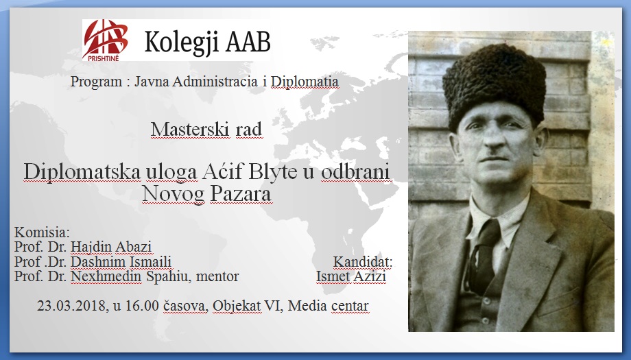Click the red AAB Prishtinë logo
click(x=105, y=40)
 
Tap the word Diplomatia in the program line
click(x=305, y=81)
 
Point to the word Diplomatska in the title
click(x=82, y=173)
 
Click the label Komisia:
click(x=42, y=232)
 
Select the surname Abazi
click(x=133, y=247)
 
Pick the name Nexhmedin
click(x=106, y=276)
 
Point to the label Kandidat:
click(x=363, y=262)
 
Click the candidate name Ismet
click(x=333, y=276)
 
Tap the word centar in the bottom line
click(x=350, y=306)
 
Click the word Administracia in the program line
click(x=215, y=81)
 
